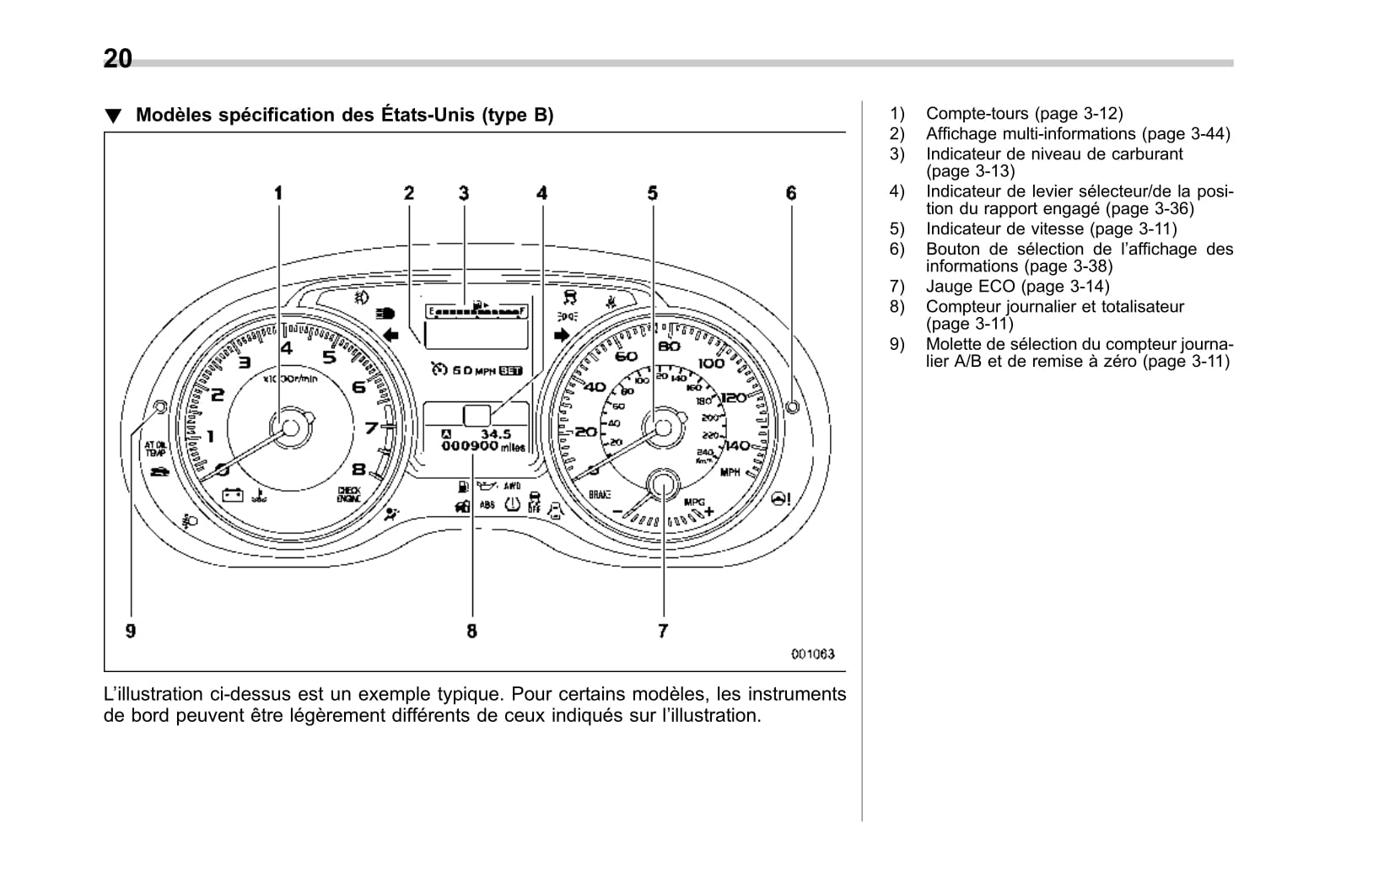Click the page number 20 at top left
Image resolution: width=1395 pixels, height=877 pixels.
pos(118,58)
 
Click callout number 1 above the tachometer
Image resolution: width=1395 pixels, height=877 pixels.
pos(278,193)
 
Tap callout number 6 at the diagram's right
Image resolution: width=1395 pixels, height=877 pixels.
pos(791,193)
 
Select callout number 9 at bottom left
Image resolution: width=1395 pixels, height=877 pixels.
pos(131,630)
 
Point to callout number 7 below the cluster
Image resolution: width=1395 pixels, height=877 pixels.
pos(663,630)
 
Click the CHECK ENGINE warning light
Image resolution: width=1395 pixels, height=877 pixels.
pos(348,495)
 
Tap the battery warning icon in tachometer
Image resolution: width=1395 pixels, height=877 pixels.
pos(232,495)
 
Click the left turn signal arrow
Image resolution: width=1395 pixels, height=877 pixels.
pos(390,335)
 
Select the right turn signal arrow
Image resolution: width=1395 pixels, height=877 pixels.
pos(563,334)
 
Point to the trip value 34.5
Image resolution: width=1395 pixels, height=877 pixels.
pos(495,434)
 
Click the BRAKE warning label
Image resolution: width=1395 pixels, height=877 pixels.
pos(600,494)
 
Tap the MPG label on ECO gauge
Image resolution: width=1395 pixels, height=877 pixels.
pos(693,502)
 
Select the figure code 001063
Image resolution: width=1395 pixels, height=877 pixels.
pos(812,654)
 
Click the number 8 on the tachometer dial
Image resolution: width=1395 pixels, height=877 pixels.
pos(358,471)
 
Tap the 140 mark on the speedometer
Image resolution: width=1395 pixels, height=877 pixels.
pos(736,445)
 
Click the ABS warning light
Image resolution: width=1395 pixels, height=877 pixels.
pos(487,505)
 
